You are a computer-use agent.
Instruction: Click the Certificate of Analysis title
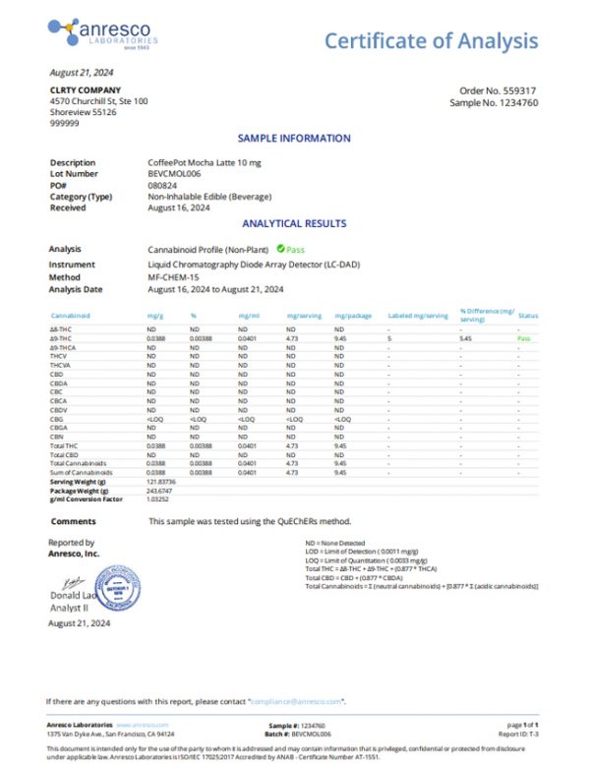coord(431,40)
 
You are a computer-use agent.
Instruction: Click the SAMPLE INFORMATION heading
coord(294,139)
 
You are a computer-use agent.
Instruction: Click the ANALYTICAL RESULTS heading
coord(294,223)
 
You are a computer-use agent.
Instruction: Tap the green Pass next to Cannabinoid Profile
coord(295,250)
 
